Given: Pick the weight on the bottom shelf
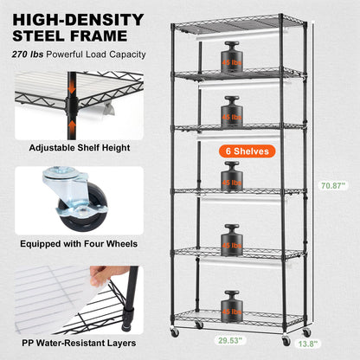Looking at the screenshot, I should click(230, 305).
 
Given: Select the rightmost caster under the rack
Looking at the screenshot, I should click(307, 332).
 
